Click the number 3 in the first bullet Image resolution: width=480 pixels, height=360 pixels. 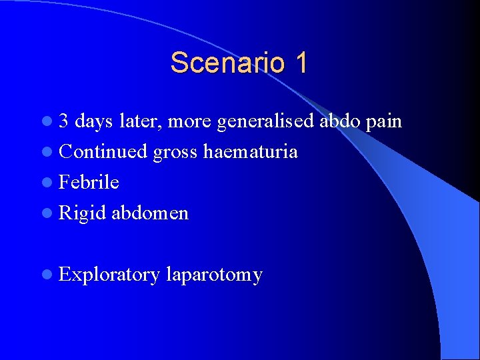[x=65, y=121]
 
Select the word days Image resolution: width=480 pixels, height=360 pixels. [x=94, y=121]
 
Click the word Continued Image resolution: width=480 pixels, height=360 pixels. [x=103, y=152]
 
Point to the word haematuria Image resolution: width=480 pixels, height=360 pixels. [x=250, y=152]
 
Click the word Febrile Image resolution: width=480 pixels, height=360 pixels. [x=89, y=183]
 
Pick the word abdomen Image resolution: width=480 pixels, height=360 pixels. [x=150, y=213]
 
